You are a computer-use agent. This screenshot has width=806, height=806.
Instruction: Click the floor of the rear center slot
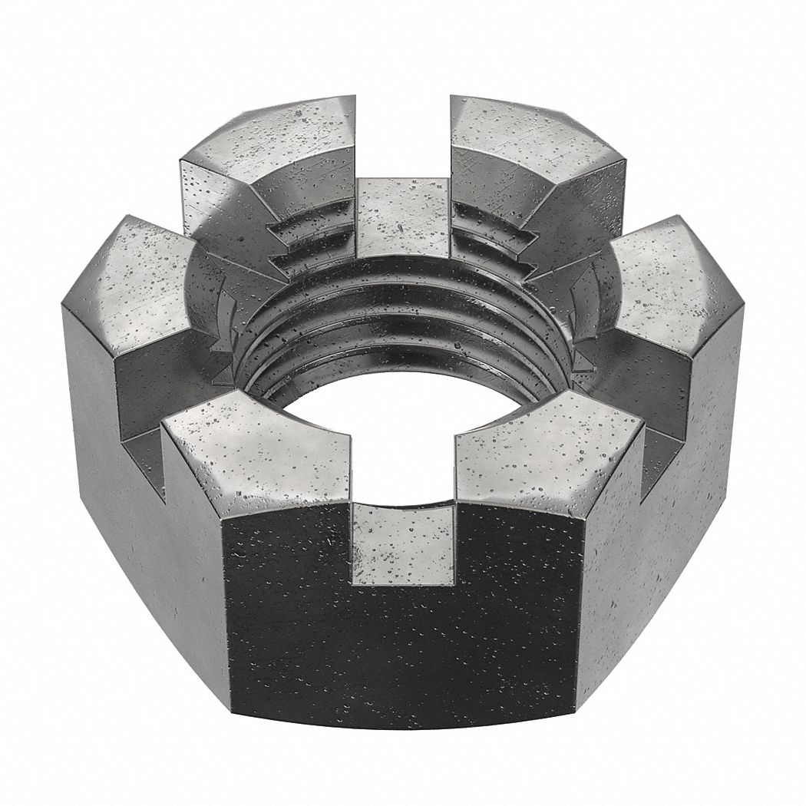404,215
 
